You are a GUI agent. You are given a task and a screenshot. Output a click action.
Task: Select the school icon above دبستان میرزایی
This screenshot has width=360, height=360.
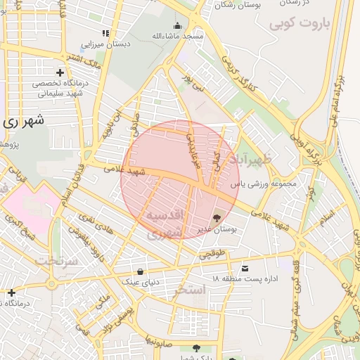pos(105,33)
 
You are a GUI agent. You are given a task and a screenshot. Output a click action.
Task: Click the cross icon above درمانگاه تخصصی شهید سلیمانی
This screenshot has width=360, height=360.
pos(60,72)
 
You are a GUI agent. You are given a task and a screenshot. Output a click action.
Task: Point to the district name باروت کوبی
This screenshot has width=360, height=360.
pos(303,24)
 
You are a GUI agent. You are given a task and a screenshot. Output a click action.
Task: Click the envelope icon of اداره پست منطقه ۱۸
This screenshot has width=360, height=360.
pos(244,269)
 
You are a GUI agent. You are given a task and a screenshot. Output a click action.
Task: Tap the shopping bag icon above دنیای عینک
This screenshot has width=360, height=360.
pos(141,271)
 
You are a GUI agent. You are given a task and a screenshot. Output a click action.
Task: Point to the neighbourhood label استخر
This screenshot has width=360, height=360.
pos(191,290)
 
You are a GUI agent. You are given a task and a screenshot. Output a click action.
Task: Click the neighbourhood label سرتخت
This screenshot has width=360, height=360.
pos(53,262)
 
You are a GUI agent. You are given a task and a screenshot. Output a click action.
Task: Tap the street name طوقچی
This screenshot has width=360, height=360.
pos(214,255)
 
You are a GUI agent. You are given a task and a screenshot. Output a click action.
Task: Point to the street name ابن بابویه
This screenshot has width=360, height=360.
pos(105,125)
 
